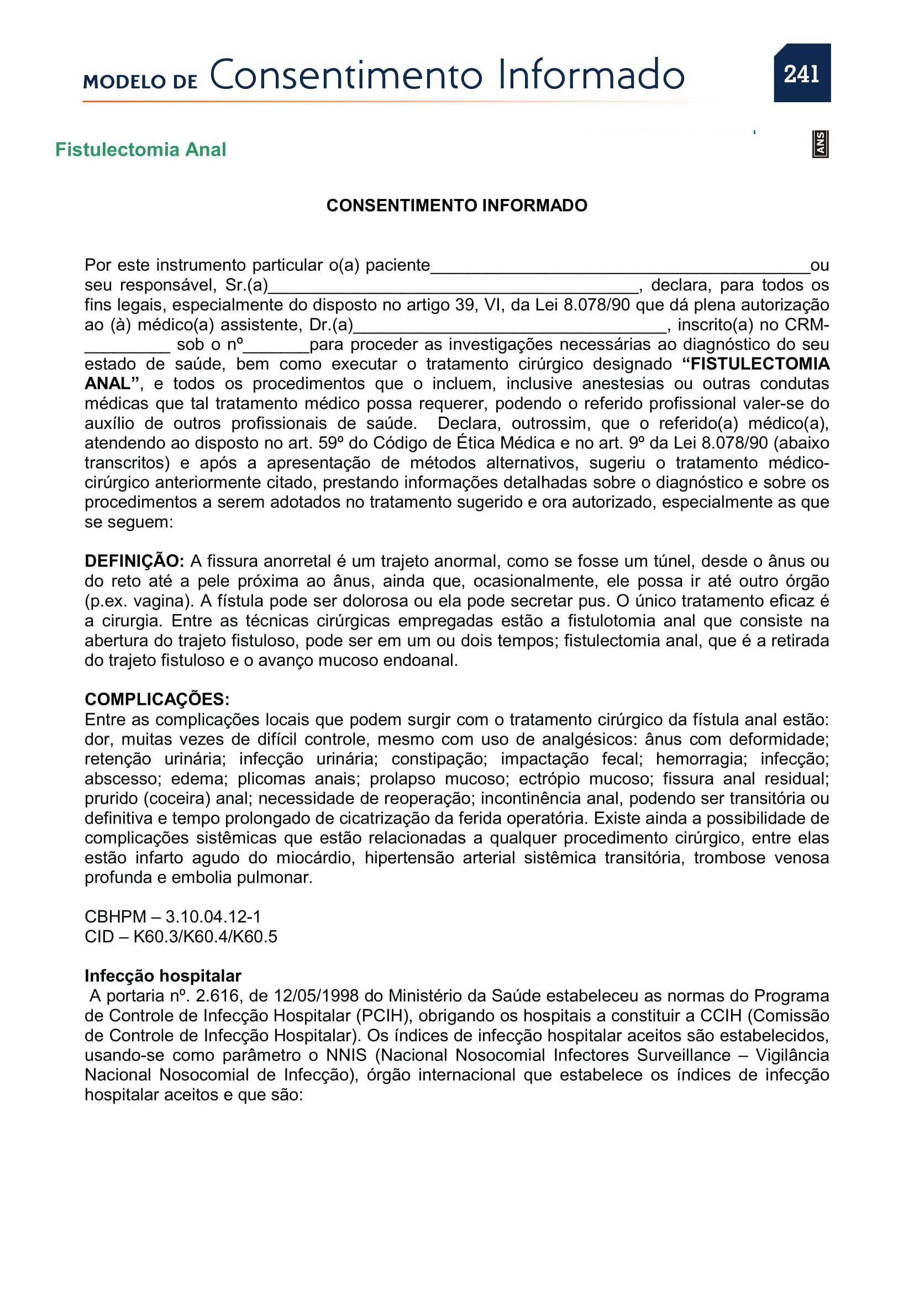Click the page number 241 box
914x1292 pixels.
click(801, 73)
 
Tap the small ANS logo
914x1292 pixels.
click(820, 144)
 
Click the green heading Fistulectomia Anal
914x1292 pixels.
click(141, 150)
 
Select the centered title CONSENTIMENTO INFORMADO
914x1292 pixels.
click(456, 205)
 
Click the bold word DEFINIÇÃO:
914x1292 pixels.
click(134, 561)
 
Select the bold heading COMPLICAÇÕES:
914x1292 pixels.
click(157, 699)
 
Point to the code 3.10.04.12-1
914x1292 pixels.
click(213, 917)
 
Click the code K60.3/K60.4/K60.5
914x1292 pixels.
click(205, 936)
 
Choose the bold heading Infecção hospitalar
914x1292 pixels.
click(162, 975)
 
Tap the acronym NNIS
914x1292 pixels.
click(346, 1055)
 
